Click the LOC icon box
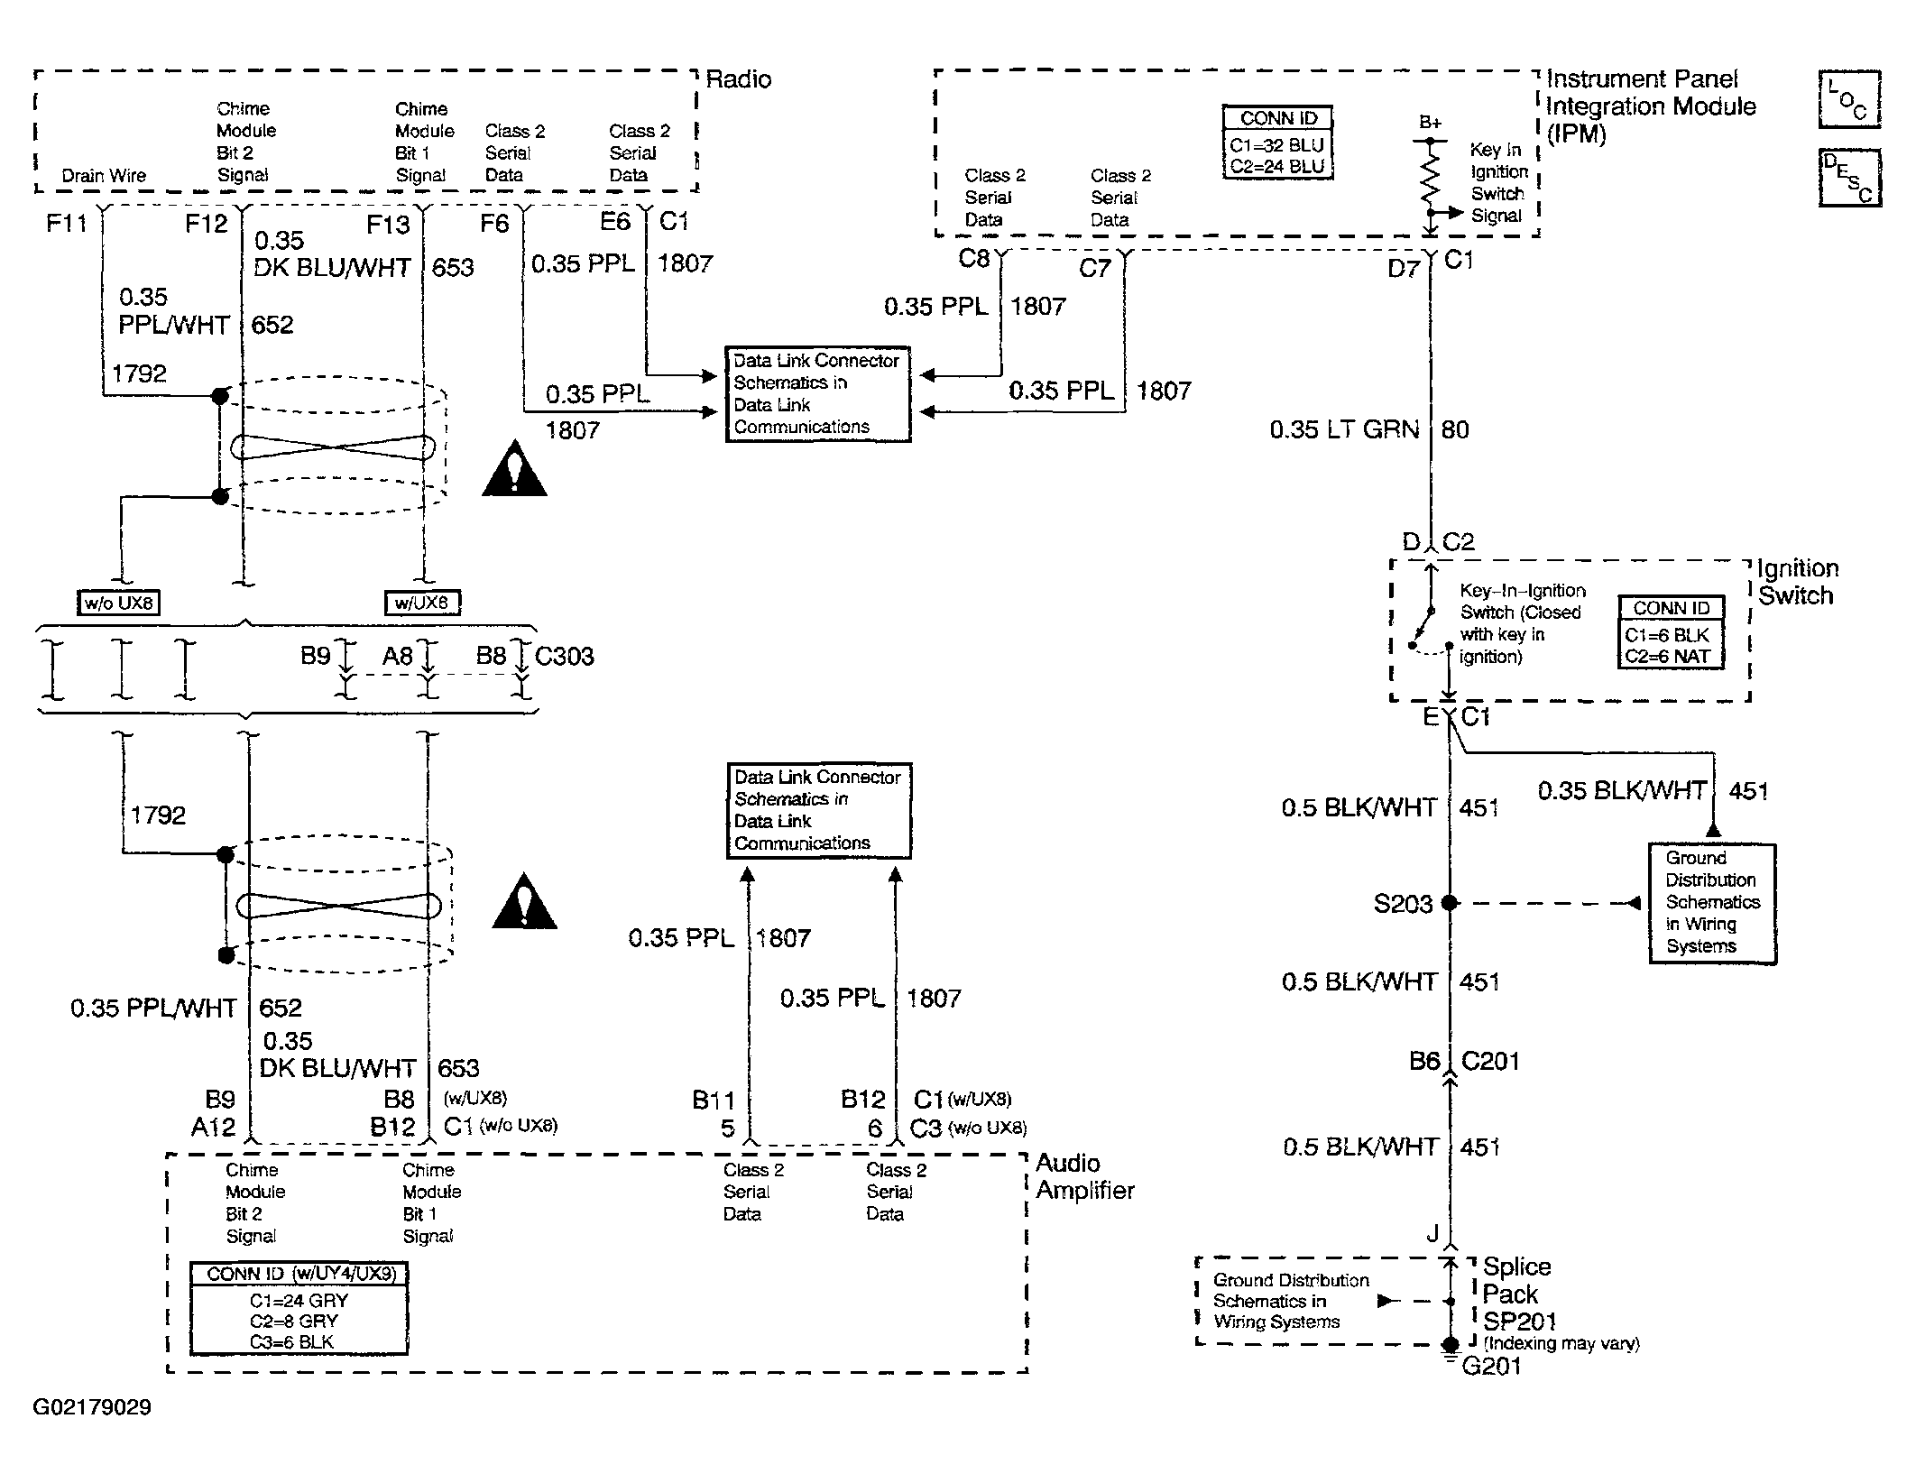(1849, 99)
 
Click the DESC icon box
(1849, 178)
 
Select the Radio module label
(738, 79)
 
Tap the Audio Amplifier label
(1084, 1176)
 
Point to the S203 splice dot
(1450, 902)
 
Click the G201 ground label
(1491, 1367)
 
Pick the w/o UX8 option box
(118, 603)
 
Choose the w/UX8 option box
(421, 603)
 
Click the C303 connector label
(564, 656)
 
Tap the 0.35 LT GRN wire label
(1344, 429)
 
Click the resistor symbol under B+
(1430, 179)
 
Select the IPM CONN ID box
(1277, 143)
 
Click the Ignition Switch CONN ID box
(1671, 632)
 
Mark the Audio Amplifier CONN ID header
(299, 1274)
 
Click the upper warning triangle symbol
(514, 468)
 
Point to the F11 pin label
(66, 223)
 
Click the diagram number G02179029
(92, 1407)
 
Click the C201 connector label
(1490, 1061)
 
